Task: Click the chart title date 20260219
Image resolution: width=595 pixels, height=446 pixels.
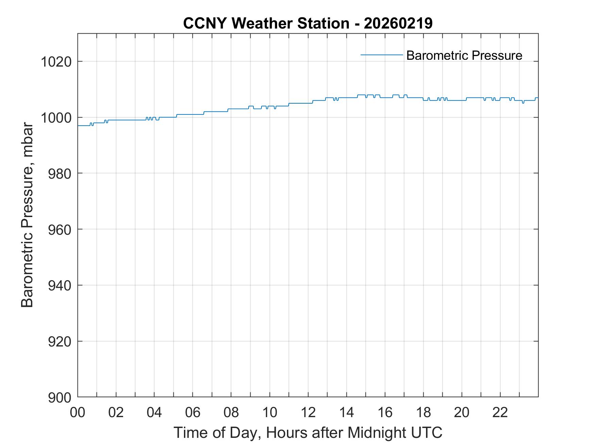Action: click(x=398, y=23)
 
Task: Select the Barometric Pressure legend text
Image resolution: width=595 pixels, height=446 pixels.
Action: click(x=464, y=55)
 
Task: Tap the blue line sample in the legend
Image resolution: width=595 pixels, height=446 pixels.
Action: click(x=381, y=55)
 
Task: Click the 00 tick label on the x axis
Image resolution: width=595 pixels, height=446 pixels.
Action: click(x=78, y=412)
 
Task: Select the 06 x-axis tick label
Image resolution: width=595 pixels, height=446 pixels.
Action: click(x=193, y=412)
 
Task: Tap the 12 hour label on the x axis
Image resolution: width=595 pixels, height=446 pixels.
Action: click(x=308, y=412)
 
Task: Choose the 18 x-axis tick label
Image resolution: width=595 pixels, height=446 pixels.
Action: click(x=423, y=412)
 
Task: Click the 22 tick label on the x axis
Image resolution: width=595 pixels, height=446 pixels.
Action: click(x=500, y=412)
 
